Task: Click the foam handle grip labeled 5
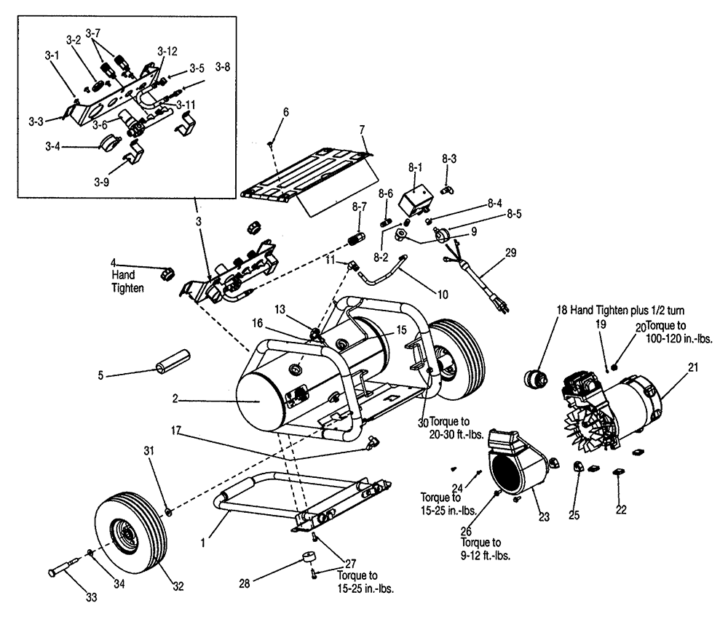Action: (x=171, y=360)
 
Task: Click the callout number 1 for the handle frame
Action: (x=205, y=541)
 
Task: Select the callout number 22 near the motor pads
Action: (x=620, y=511)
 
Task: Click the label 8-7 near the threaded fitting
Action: (x=359, y=207)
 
